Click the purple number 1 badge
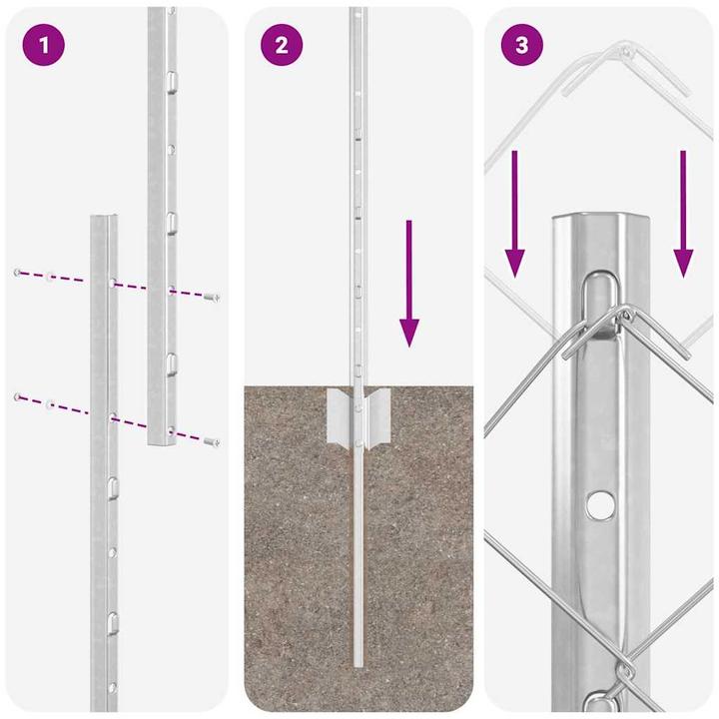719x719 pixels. [43, 46]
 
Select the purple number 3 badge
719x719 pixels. [521, 46]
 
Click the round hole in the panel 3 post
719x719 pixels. [599, 505]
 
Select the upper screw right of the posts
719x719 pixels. [211, 297]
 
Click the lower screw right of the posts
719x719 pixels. [211, 439]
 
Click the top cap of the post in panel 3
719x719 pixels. [599, 222]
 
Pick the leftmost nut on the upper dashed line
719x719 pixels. [18, 272]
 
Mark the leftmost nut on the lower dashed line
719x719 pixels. [18, 397]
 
